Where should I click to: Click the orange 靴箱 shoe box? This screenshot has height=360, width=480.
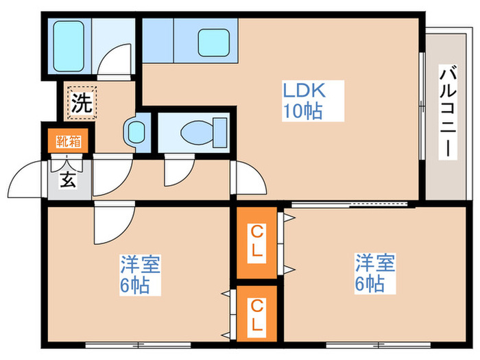[x=69, y=142]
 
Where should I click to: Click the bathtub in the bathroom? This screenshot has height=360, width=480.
[x=68, y=45]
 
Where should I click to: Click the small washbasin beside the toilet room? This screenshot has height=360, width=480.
[x=134, y=130]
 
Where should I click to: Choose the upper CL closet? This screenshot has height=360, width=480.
[x=257, y=241]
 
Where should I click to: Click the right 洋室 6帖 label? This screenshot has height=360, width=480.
[x=374, y=272]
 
